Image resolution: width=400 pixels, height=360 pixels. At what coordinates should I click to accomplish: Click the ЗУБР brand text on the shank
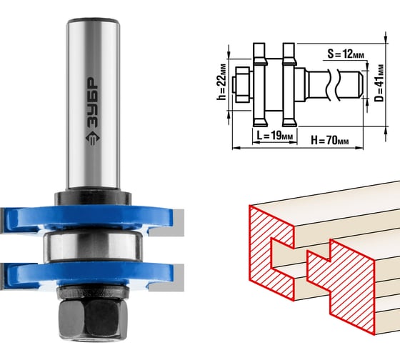[x=92, y=103]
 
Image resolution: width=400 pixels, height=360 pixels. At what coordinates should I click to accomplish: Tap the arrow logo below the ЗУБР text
[x=92, y=139]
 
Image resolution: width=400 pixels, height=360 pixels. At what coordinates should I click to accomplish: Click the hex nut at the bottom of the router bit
[x=93, y=319]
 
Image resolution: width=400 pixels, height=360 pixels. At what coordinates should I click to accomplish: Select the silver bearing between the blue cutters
[x=93, y=246]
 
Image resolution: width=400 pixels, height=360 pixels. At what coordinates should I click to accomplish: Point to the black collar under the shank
[x=93, y=198]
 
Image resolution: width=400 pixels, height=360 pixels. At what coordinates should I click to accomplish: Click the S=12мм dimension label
[x=346, y=54]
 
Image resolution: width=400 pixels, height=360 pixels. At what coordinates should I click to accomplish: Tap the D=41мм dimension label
[x=379, y=83]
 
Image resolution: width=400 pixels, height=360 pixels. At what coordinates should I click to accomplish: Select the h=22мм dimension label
[x=221, y=81]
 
